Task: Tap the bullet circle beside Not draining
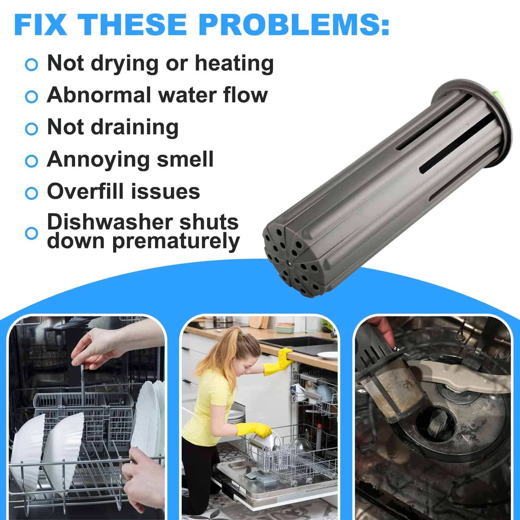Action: (32, 129)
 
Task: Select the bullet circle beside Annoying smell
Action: (32, 161)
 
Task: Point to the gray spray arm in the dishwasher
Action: (458, 374)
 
